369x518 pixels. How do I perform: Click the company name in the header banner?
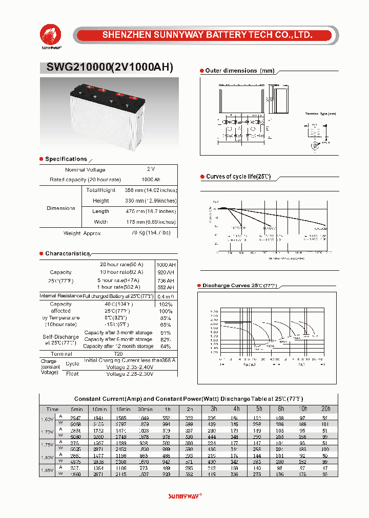(207, 35)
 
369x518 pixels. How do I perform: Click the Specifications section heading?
(66, 159)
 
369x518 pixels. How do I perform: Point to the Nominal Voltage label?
(85, 169)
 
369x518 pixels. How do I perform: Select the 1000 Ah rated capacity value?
(151, 180)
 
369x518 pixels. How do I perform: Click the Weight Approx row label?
(82, 233)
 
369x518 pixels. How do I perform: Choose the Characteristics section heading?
(67, 254)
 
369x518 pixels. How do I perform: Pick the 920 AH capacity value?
(166, 272)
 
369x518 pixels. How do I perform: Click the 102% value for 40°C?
(166, 304)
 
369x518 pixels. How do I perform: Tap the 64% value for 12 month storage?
(166, 347)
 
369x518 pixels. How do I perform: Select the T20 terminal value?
(118, 354)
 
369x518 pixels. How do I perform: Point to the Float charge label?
(72, 374)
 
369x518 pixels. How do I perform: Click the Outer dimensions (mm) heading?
(239, 71)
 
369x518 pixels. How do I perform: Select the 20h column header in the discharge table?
(325, 409)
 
